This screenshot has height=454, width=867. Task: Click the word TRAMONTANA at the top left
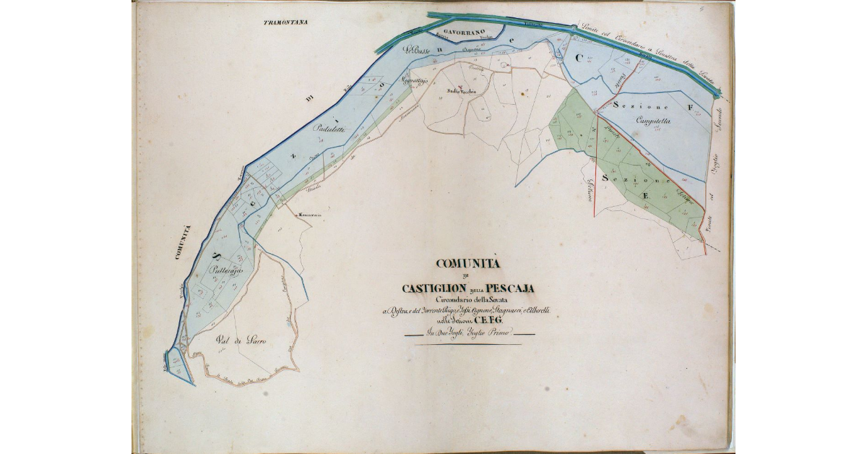[285, 22]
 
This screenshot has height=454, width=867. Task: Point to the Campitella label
[654, 121]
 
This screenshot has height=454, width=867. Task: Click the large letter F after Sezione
[690, 108]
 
